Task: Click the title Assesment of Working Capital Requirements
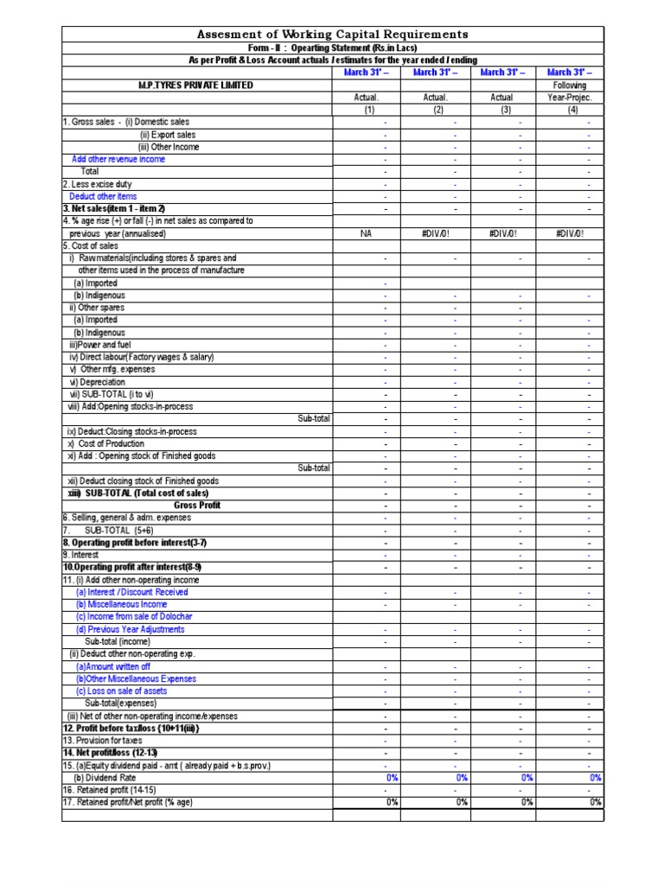point(333,35)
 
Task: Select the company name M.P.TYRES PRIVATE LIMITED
point(196,86)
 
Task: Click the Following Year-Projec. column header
point(571,92)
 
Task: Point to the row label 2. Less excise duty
point(97,184)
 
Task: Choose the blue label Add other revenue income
point(118,159)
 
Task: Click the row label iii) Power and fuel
point(99,345)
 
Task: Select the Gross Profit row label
point(197,506)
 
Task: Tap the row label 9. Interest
point(80,555)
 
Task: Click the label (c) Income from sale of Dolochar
point(134,617)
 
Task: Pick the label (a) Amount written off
point(112,666)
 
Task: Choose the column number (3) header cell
point(501,110)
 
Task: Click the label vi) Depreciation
point(98,382)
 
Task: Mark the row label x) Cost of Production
point(108,443)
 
